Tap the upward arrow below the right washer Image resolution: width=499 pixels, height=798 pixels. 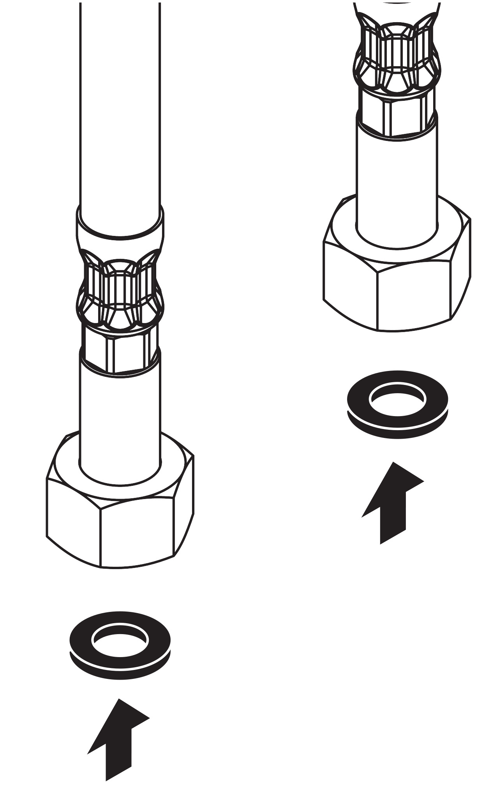(393, 502)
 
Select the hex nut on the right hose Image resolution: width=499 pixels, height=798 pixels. (397, 280)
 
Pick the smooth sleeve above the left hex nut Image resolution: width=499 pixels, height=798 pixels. (120, 420)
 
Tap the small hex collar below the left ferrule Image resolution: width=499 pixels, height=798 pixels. (120, 346)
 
